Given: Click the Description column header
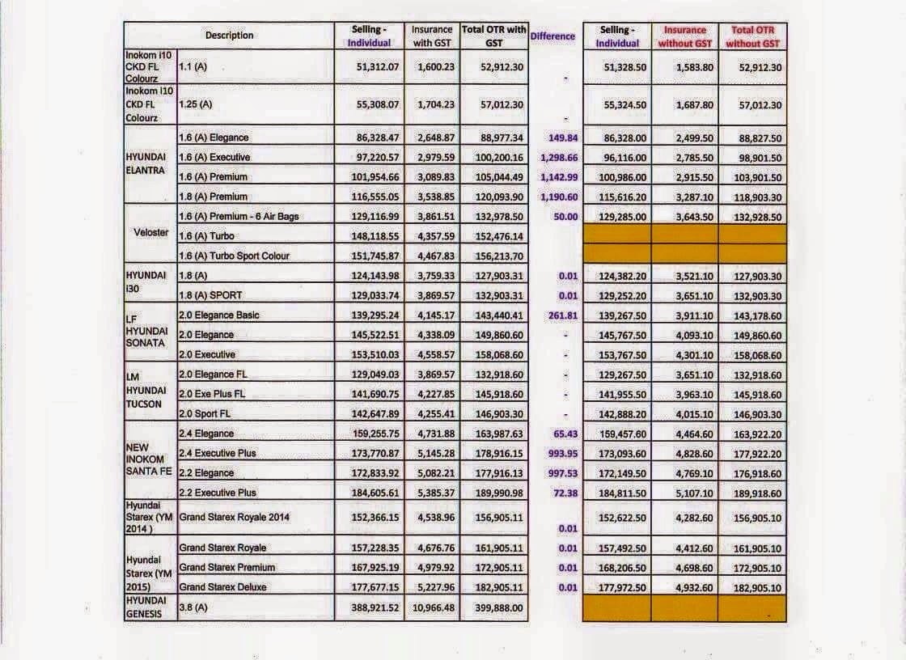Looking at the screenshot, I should click(229, 36).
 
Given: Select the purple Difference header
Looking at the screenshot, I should click(552, 36).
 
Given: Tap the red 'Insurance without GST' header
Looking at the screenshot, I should click(684, 36).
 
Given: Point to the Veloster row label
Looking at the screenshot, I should click(150, 232).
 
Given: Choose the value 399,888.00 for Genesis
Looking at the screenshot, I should click(493, 607).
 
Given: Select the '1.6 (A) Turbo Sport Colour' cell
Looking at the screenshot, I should click(234, 256).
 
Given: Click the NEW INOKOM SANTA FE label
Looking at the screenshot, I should click(149, 459).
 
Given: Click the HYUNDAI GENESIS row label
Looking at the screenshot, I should click(146, 607).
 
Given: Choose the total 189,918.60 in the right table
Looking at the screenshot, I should click(752, 493).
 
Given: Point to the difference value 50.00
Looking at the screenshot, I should click(561, 217).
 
